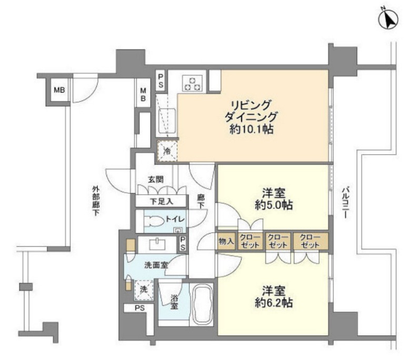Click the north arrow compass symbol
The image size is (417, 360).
click(389, 19)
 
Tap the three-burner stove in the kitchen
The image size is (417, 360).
click(192, 83)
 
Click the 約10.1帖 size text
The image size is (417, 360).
click(251, 129)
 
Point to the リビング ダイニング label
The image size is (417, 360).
click(251, 109)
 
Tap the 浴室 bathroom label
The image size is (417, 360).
click(174, 302)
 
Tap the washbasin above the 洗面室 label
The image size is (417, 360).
click(156, 244)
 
